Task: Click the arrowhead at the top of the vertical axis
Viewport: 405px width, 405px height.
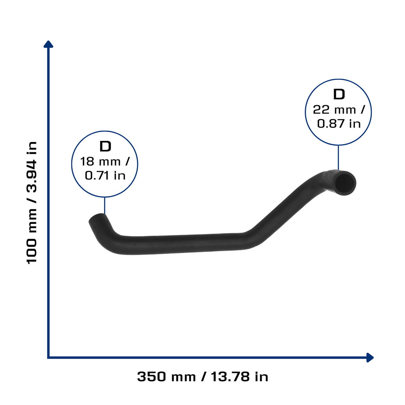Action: [48, 44]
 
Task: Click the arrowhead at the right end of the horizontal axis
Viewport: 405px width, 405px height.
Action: [370, 358]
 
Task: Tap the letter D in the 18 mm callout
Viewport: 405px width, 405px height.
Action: [105, 146]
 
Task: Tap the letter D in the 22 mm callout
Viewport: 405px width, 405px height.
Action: [339, 94]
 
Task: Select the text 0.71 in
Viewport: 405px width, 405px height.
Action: [105, 176]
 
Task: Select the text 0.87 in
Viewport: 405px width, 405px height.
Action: [339, 123]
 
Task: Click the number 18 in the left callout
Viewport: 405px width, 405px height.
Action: [87, 162]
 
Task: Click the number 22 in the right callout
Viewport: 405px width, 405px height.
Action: [321, 110]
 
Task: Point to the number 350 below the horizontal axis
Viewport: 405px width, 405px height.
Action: [151, 377]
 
